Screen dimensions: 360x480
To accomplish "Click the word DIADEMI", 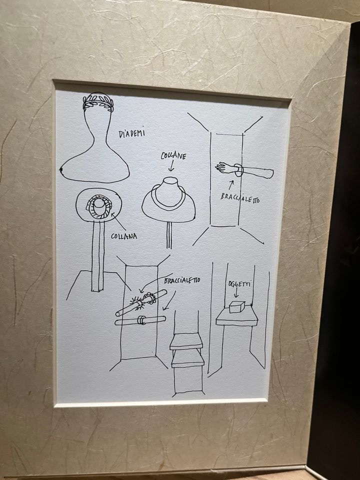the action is coord(132,133).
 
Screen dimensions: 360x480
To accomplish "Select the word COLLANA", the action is coord(123,236).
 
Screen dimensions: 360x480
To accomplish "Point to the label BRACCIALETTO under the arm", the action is coord(240,198).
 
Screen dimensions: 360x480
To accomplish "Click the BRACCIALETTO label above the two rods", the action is coord(182,280).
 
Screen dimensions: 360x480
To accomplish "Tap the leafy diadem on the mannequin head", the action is coord(98,102).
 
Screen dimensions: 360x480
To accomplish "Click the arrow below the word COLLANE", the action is coord(171,166).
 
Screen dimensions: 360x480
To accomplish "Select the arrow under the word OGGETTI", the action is coord(236,293).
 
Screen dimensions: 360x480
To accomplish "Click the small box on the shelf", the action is coord(237,307).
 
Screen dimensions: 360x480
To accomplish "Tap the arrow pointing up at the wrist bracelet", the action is coord(231,185).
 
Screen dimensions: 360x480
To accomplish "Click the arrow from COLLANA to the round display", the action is coord(118,221).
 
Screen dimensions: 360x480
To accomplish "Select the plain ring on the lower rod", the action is coord(141,320).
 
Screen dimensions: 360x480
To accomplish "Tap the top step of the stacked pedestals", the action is coord(186,341).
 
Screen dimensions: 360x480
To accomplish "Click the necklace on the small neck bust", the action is coord(168,200).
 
